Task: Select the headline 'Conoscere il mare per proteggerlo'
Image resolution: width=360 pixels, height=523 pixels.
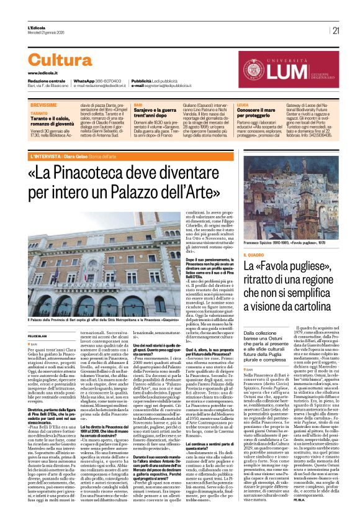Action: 256,117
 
